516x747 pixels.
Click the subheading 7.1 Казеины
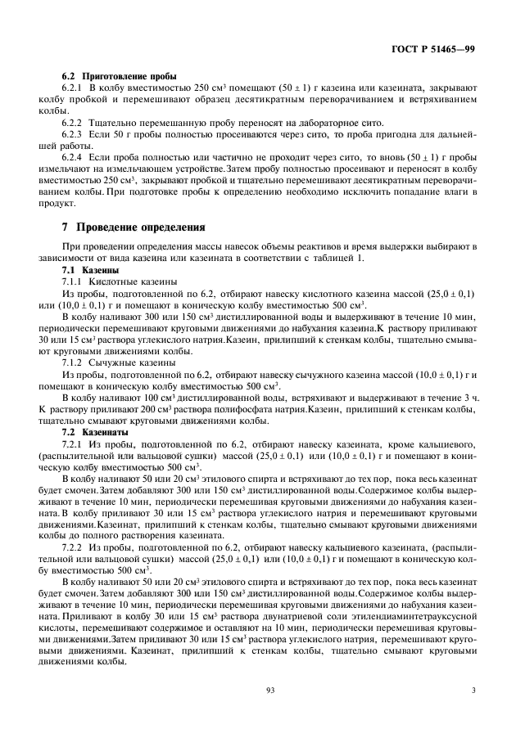(91, 269)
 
